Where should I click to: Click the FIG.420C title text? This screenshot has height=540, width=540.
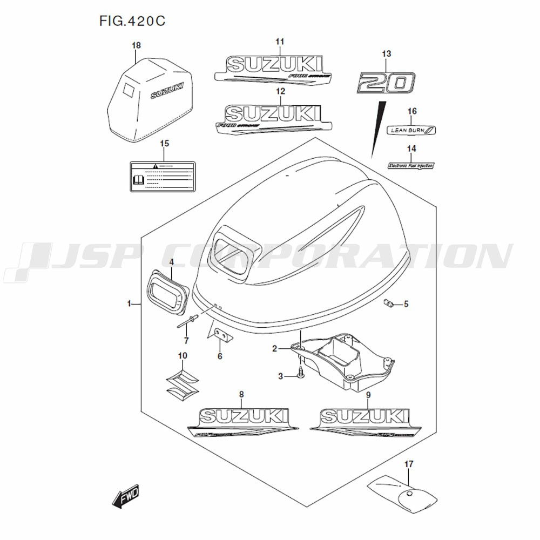coord(132,21)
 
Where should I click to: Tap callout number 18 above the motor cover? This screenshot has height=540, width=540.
coord(136,46)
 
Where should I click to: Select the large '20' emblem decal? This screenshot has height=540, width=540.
coord(386,83)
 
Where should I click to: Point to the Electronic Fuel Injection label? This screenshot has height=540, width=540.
coord(411,166)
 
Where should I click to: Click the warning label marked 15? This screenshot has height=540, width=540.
coord(163,175)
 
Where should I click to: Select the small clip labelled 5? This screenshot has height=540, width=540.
coord(388,303)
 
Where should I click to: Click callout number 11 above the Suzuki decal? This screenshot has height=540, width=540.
coord(280,42)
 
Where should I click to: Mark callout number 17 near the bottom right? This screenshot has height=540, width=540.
coord(409,463)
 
